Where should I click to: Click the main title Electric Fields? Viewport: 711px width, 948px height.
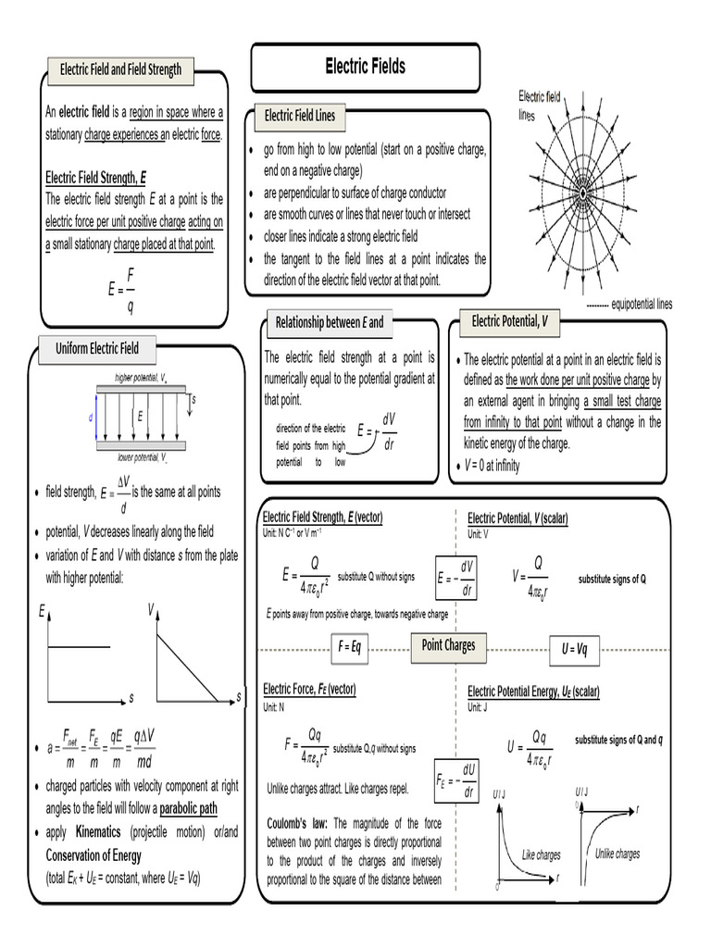[365, 67]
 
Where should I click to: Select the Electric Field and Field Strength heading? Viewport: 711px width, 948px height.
[120, 69]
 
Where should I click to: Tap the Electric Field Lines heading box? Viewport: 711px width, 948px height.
[300, 116]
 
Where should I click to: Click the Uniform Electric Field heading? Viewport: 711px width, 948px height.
[97, 348]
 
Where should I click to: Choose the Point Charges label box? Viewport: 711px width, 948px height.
[448, 645]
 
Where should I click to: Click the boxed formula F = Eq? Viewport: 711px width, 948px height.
[355, 646]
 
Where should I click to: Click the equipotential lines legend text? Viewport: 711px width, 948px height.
[642, 304]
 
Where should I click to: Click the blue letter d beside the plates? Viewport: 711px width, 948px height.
[91, 418]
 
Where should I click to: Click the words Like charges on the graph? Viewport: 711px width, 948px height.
[542, 855]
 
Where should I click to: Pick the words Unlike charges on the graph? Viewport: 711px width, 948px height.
[617, 854]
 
